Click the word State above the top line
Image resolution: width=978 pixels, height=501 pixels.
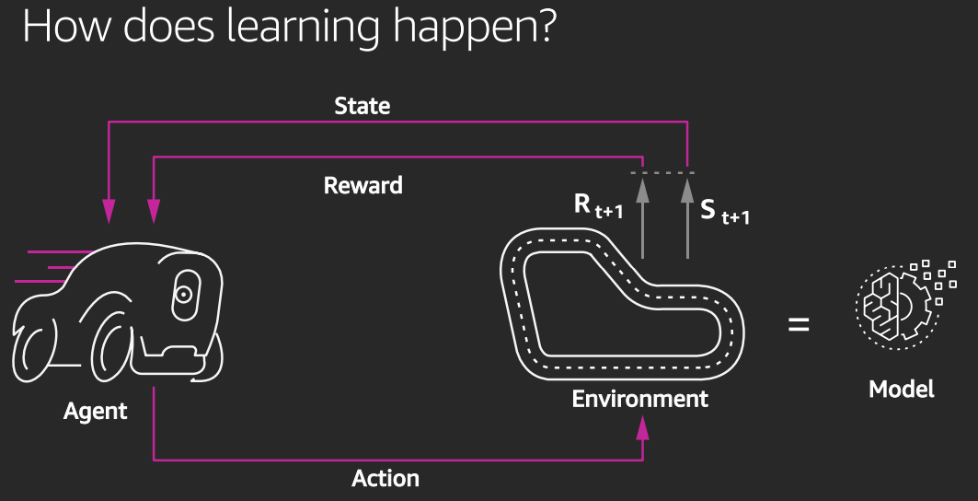(x=362, y=106)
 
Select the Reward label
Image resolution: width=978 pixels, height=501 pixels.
(x=363, y=185)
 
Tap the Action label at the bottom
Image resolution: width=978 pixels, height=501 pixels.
(x=385, y=479)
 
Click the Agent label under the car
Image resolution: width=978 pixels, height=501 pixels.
(x=96, y=411)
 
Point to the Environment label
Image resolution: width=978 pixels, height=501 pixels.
(x=640, y=399)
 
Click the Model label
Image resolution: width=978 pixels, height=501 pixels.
(x=902, y=389)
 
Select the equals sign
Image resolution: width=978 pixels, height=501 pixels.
(x=799, y=324)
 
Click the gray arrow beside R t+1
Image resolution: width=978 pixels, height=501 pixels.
(x=642, y=216)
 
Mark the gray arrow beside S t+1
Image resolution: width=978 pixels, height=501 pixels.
(x=686, y=216)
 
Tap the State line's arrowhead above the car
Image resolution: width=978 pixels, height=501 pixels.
(x=109, y=213)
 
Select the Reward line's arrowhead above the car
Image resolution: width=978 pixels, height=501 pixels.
(x=154, y=213)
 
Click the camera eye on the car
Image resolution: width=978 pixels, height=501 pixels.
(x=184, y=295)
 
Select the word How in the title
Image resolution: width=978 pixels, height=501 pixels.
(x=55, y=28)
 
